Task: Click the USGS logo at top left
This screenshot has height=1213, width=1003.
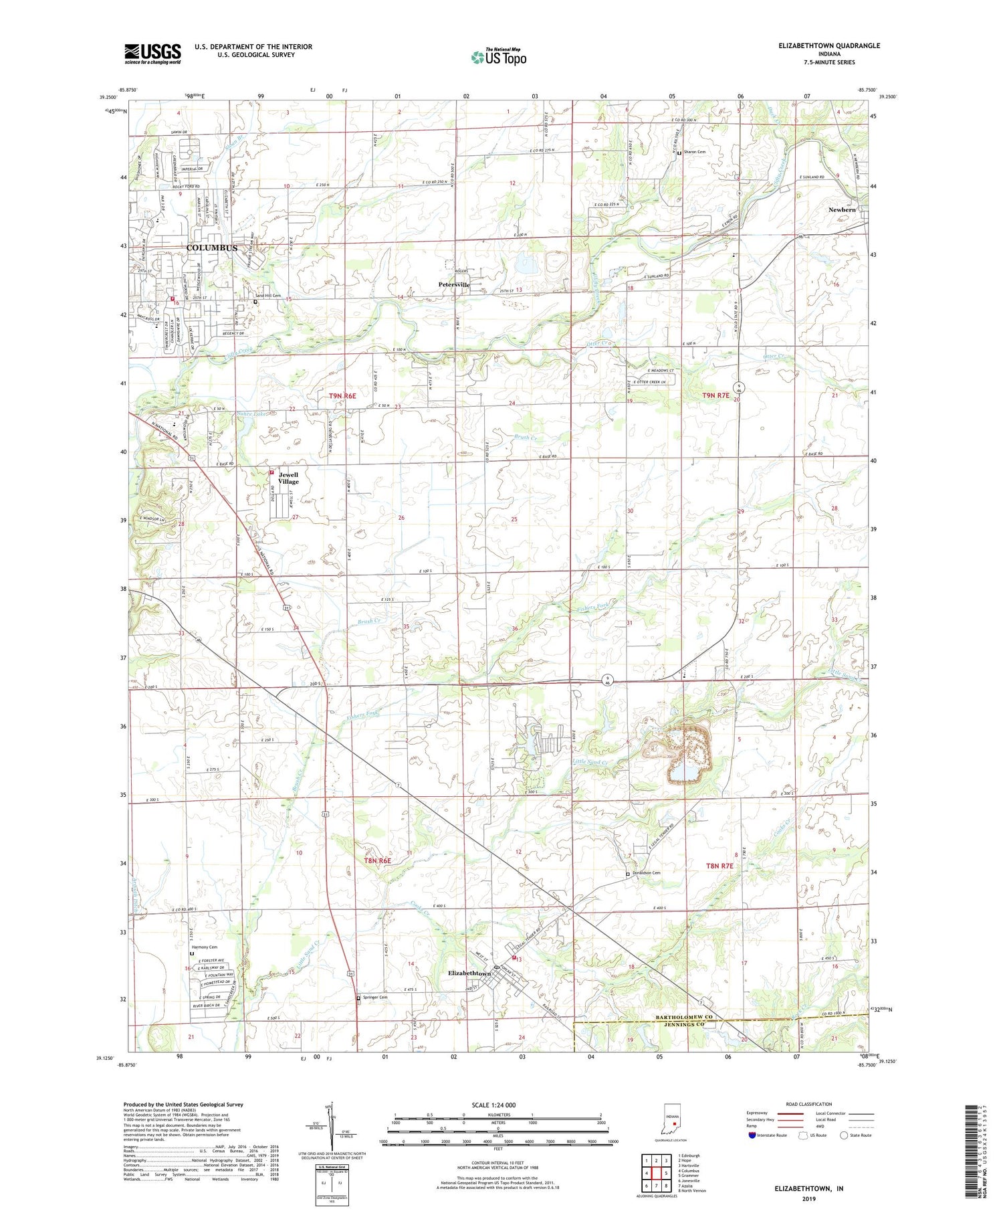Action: tap(152, 54)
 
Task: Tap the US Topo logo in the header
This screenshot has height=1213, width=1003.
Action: tap(499, 58)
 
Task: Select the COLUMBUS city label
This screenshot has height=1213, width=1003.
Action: tap(211, 248)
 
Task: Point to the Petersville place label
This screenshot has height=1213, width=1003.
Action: tap(454, 285)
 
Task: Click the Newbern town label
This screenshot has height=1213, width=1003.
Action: tap(842, 210)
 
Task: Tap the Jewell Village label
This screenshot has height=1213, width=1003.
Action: tap(289, 478)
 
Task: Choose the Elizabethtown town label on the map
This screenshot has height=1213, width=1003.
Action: tap(469, 973)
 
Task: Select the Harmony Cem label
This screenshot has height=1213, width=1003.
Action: tap(204, 947)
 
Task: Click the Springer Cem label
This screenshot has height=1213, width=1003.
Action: tap(374, 998)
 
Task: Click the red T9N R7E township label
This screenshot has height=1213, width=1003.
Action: tap(715, 395)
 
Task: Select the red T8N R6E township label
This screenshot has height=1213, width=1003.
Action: tap(377, 860)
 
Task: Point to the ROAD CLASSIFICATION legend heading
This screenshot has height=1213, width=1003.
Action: tap(809, 1104)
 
